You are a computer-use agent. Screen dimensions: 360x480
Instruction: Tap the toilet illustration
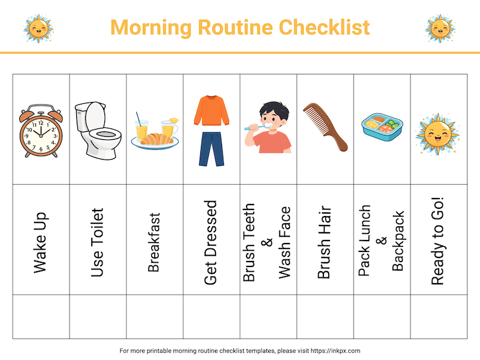[x=97, y=131]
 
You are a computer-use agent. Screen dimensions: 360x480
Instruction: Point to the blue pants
[x=211, y=150]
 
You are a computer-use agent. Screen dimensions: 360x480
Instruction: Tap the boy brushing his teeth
[x=268, y=128]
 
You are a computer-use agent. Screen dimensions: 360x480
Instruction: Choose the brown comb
[x=325, y=127]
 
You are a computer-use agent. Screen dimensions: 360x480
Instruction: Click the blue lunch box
[x=381, y=125]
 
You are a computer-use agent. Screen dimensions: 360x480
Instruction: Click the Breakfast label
[x=154, y=242]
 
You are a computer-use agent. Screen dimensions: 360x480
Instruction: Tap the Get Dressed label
[x=211, y=242]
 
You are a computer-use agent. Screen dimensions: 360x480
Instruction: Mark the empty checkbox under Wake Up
[x=41, y=316]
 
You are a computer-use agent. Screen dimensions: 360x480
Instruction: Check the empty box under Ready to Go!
[x=439, y=316]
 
